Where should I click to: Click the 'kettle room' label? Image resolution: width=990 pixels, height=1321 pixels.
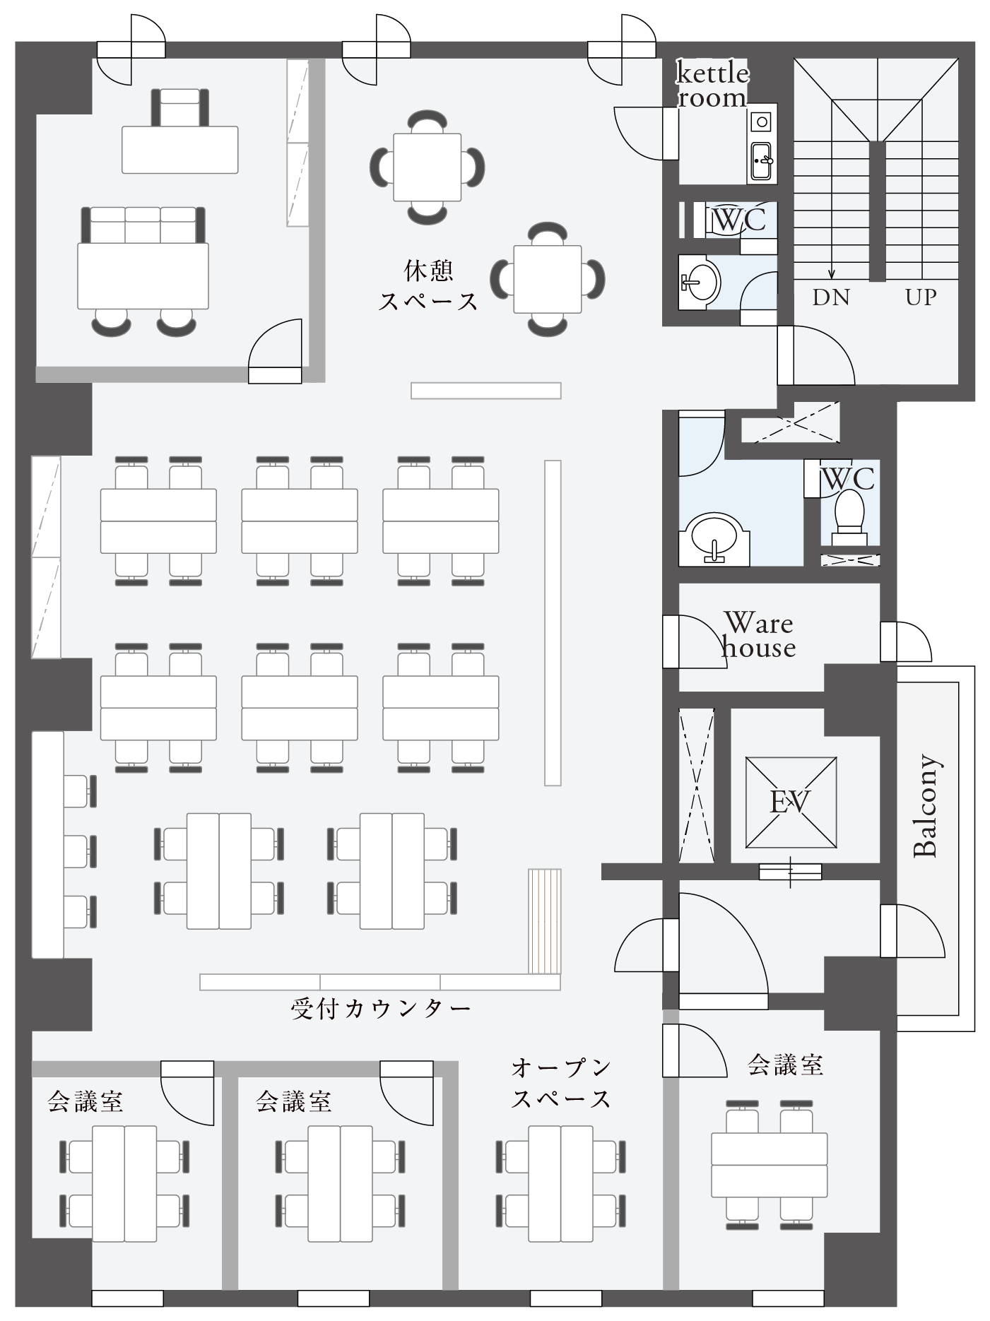712,85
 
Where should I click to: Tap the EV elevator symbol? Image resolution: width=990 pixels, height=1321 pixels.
791,802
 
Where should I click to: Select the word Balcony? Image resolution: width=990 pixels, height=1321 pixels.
926,806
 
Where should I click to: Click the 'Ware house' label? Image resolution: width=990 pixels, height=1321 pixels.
758,635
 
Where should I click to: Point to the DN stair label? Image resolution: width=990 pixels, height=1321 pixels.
831,297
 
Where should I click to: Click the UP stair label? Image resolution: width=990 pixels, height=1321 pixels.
921,297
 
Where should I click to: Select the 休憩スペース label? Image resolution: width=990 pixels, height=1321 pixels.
428,286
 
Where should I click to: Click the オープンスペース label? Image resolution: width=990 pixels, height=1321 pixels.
561,1083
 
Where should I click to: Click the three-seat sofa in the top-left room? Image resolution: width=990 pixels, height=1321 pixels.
143,225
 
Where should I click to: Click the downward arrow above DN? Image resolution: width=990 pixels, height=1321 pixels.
832,261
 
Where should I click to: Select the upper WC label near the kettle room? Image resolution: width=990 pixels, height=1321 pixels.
739,220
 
